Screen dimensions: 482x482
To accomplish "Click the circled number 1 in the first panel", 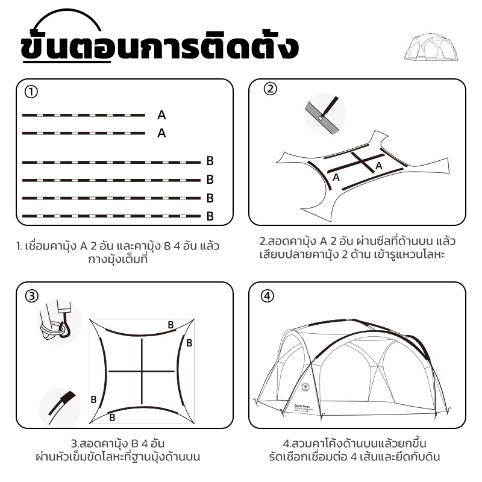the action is pyautogui.click(x=31, y=92).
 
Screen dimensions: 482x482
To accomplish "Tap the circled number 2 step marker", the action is pyautogui.click(x=270, y=89).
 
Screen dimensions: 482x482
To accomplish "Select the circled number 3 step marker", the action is pyautogui.click(x=32, y=296).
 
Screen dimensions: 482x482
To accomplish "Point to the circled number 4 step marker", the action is pyautogui.click(x=267, y=296).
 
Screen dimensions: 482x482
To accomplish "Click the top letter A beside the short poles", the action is pyautogui.click(x=161, y=115).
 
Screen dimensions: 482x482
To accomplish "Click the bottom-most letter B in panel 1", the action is pyautogui.click(x=210, y=216).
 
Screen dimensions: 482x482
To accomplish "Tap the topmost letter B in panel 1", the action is pyautogui.click(x=210, y=160).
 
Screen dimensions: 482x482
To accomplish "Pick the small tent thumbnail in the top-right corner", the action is pyautogui.click(x=431, y=47).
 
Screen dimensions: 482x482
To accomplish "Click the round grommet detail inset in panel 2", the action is pyautogui.click(x=325, y=114).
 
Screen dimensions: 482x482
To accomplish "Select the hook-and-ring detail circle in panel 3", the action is pyautogui.click(x=60, y=322).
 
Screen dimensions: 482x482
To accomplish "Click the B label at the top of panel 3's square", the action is pyautogui.click(x=171, y=325).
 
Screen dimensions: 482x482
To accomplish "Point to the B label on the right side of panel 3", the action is pyautogui.click(x=189, y=343).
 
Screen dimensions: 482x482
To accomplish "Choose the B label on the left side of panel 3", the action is pyautogui.click(x=94, y=399).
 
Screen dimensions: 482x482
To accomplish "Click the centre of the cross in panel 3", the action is pyautogui.click(x=142, y=371).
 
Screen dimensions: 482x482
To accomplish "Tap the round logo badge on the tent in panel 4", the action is pyautogui.click(x=305, y=387).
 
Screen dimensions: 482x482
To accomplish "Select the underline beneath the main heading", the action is pyautogui.click(x=67, y=61).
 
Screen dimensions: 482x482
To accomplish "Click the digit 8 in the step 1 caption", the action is pyautogui.click(x=167, y=246).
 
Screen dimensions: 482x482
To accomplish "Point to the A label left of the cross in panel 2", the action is pyautogui.click(x=336, y=177).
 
